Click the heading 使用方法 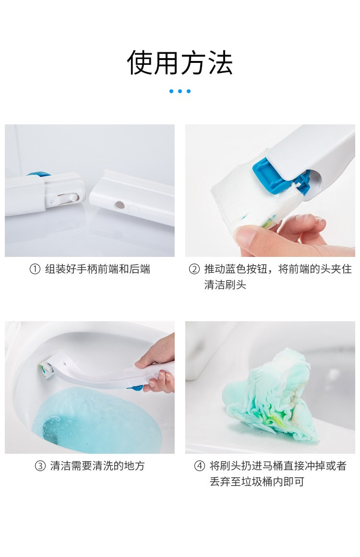(x=180, y=63)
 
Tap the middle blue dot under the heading (x=180, y=91)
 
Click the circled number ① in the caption (x=35, y=269)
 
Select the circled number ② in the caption (x=194, y=269)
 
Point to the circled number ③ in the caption (x=40, y=466)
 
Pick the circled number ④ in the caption (x=200, y=466)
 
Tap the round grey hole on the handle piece (x=120, y=205)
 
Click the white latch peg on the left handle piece (x=72, y=197)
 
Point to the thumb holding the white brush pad (x=251, y=236)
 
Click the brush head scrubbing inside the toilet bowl (x=46, y=368)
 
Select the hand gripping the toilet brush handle (x=159, y=365)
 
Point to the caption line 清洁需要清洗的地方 (x=97, y=466)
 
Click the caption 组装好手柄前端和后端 (x=97, y=269)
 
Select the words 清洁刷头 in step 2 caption (x=225, y=285)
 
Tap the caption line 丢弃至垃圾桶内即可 (x=257, y=482)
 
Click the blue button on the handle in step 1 (x=38, y=174)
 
